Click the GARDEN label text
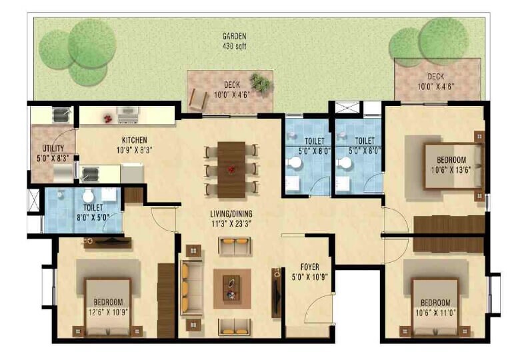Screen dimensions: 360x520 coord(235,37)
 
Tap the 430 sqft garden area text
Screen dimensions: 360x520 coord(235,47)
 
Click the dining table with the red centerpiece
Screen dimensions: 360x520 coord(231,169)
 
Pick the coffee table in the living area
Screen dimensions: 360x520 coord(231,288)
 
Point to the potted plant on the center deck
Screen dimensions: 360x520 coord(260,83)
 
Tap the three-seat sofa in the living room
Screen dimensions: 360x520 coord(191,288)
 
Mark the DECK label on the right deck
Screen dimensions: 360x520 coord(436,77)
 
